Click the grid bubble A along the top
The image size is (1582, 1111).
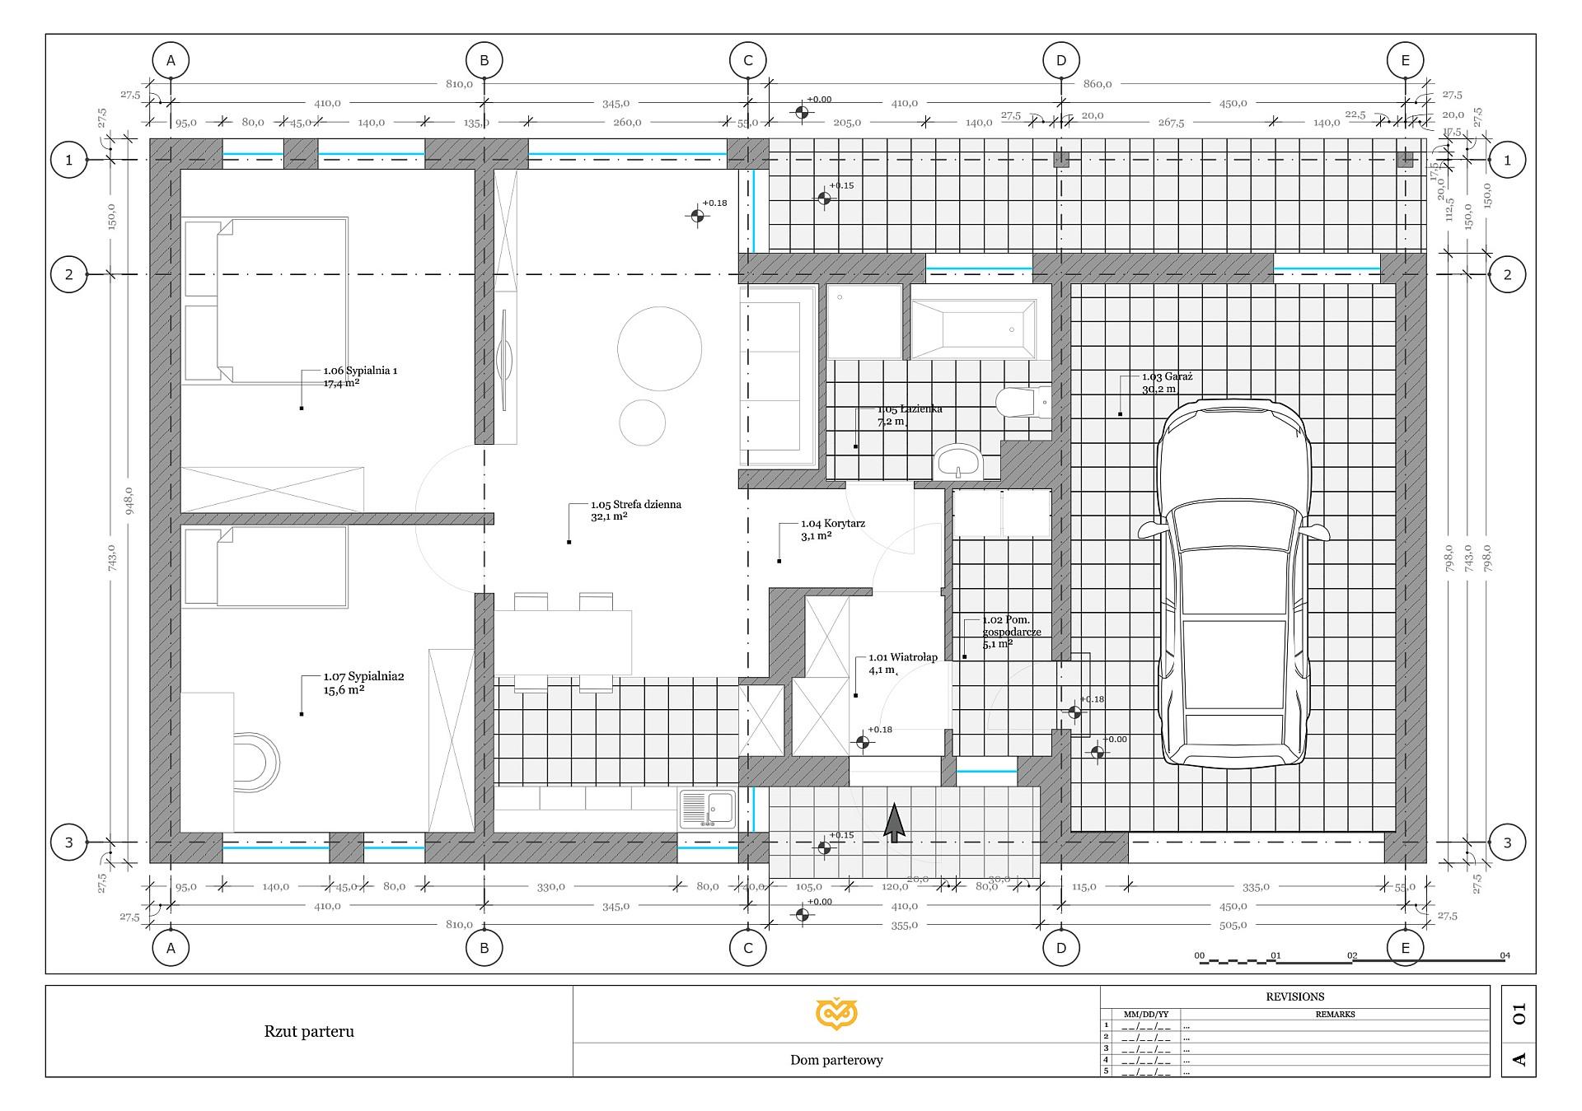point(171,60)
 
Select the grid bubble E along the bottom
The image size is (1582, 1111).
point(1405,948)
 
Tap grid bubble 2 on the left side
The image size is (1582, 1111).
point(69,274)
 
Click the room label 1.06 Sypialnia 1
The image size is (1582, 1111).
point(360,371)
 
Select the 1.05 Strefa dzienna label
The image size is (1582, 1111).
point(635,505)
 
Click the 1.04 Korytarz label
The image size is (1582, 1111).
point(832,524)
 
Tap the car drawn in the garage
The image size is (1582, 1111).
point(1233,585)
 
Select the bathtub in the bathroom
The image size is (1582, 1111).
point(973,329)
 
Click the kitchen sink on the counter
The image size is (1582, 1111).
point(708,808)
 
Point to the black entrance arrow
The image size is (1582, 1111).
point(894,823)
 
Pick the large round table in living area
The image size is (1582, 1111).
point(659,348)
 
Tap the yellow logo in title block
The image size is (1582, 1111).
point(836,1014)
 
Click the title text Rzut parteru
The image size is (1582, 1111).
point(309,1032)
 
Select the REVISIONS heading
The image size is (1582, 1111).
point(1294,997)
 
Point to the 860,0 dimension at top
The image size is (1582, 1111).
point(1097,83)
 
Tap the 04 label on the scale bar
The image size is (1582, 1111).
point(1505,956)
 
